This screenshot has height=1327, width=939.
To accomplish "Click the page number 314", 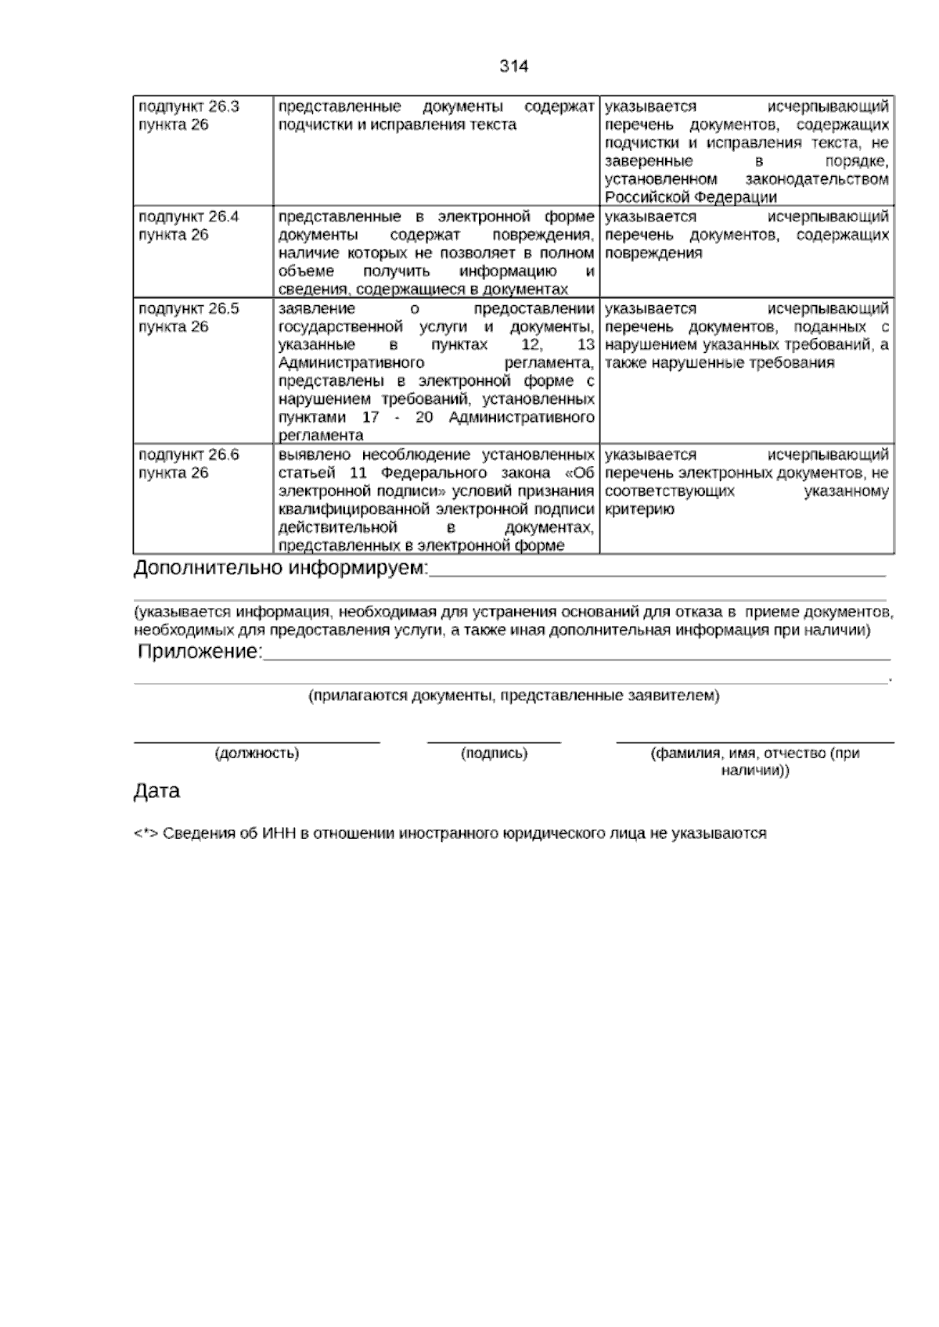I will [x=514, y=67].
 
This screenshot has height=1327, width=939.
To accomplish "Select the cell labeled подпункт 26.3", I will [x=189, y=107].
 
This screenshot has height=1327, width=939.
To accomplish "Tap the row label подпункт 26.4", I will [x=189, y=217].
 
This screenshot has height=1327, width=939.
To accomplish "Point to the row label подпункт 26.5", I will [x=189, y=309].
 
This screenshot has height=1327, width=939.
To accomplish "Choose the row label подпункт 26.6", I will [x=189, y=455].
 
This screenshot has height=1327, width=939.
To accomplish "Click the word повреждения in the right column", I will [x=653, y=254].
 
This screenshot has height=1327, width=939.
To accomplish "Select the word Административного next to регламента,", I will [x=351, y=363].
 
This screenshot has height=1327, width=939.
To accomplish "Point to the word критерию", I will [x=639, y=510].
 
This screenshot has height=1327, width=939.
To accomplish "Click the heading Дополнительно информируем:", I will [x=281, y=569].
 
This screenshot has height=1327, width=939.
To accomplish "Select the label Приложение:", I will [x=200, y=652].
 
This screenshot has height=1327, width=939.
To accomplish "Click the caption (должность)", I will [x=257, y=753].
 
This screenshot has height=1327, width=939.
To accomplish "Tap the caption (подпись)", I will [x=495, y=753].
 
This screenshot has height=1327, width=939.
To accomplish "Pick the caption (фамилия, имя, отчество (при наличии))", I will [x=755, y=761].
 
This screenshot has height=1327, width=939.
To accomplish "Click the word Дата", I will [x=156, y=791].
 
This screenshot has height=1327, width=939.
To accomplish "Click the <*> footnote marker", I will [x=146, y=834].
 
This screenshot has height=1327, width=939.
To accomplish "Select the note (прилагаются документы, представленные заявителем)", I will [x=514, y=695].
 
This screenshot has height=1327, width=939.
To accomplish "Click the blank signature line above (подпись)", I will [x=494, y=741].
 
